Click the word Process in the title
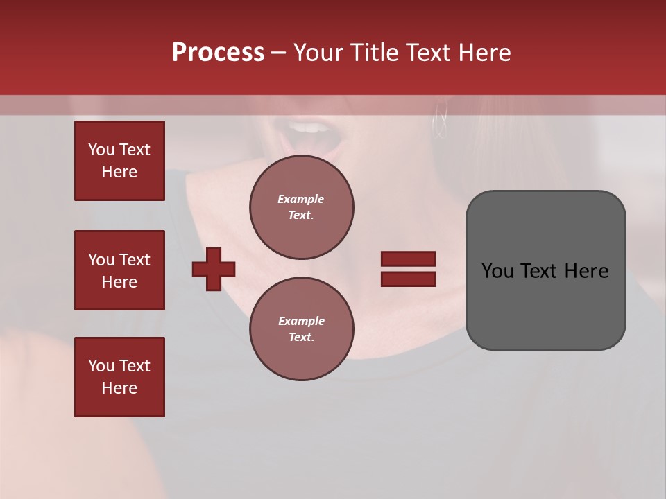click(218, 53)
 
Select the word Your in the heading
click(318, 53)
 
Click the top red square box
click(119, 161)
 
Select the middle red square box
click(119, 270)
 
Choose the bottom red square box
click(119, 377)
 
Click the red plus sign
click(214, 270)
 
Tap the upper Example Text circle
click(301, 207)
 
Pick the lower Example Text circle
click(301, 329)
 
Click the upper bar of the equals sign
click(408, 259)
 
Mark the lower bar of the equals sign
click(408, 279)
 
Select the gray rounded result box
click(545, 270)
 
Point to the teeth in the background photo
click(309, 128)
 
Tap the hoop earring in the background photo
click(439, 123)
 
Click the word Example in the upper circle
click(300, 199)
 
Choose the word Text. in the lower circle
click(301, 338)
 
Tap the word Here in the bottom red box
click(119, 388)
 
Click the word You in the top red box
click(101, 150)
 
